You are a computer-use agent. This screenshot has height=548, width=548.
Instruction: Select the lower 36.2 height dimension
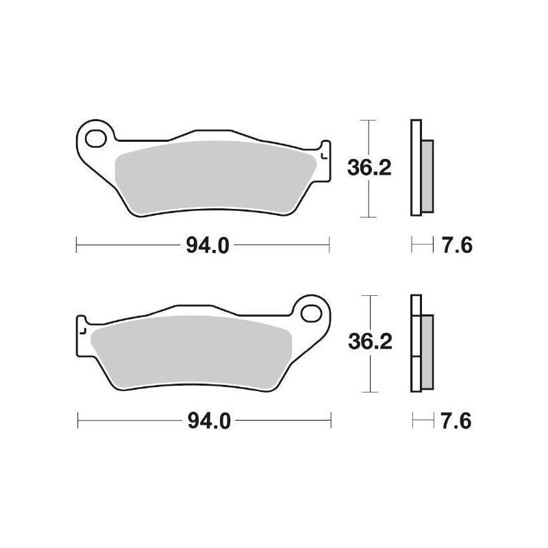370,342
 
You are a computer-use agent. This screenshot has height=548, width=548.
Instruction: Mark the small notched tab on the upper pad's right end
325,152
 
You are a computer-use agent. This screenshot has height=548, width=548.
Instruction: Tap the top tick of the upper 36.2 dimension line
369,121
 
